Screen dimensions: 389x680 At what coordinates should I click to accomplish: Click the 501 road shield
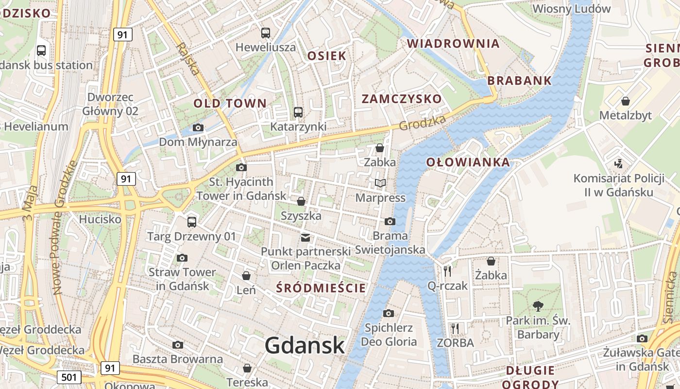68,377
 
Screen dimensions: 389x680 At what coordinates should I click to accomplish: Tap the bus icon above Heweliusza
265,33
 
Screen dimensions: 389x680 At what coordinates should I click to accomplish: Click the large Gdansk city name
305,345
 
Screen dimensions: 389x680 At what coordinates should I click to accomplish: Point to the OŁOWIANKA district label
468,162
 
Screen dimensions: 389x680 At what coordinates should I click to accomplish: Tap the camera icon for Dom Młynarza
198,127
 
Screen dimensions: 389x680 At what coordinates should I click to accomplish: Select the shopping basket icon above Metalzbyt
626,101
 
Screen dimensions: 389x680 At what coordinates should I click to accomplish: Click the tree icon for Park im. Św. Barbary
538,306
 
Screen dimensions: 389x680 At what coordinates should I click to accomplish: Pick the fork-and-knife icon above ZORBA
455,328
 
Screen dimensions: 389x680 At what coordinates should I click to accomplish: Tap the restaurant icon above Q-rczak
447,271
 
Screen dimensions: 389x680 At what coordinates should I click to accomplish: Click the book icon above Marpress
380,183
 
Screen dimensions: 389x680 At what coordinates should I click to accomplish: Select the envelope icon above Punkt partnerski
306,237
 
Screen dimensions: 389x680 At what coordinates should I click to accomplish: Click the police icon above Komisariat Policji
618,163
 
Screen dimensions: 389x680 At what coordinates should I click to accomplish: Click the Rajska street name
187,58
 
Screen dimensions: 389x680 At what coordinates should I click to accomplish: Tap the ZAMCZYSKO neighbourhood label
402,99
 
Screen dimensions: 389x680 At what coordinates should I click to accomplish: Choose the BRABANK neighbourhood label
519,81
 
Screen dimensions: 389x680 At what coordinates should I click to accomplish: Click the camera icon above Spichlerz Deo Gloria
389,313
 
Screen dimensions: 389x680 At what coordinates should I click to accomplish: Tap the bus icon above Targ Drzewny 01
192,222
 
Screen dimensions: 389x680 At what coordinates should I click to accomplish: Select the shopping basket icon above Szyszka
301,201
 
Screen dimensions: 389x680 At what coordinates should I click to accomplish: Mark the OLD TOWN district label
230,103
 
